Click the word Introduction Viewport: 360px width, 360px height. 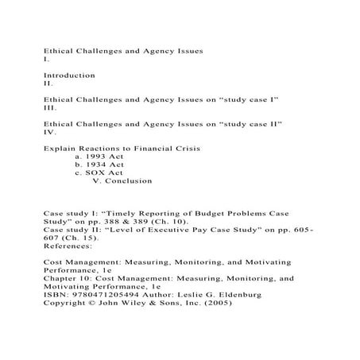pos(68,75)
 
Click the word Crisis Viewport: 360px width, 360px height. pos(183,149)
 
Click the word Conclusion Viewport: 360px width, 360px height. pos(128,181)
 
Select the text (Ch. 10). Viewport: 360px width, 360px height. pos(157,223)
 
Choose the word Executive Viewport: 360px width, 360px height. pos(186,230)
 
